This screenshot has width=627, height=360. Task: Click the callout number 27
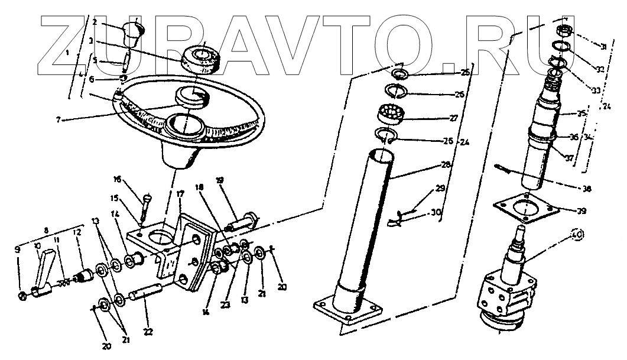(x=453, y=118)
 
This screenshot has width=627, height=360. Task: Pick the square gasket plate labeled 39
(x=526, y=210)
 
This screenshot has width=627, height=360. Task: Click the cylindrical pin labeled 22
(x=153, y=291)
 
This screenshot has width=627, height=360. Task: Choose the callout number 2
(x=95, y=22)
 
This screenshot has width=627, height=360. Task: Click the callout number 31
(x=603, y=47)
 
